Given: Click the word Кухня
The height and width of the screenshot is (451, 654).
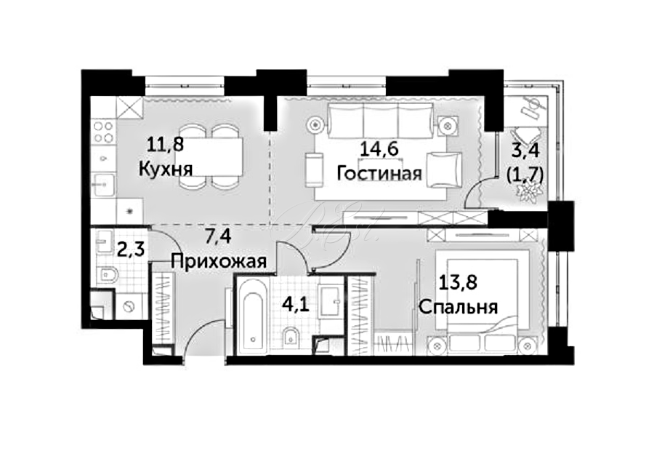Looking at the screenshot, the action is (x=165, y=169).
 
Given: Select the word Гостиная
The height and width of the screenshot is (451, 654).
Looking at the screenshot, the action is (x=379, y=173).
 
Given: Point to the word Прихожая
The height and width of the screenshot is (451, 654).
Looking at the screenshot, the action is (x=219, y=261).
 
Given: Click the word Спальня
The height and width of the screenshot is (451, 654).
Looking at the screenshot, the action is (x=458, y=307).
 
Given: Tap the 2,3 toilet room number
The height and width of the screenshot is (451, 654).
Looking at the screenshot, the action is (x=131, y=250).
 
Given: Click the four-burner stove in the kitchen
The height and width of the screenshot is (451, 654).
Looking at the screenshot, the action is (x=103, y=132).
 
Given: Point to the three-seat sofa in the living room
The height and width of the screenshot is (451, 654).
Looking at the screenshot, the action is (x=380, y=121).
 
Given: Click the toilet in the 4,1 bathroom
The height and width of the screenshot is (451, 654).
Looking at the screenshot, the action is (x=290, y=336).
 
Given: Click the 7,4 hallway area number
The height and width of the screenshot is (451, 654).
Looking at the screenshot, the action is (x=218, y=237).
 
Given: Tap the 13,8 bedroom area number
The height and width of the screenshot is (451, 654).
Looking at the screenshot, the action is (x=458, y=283).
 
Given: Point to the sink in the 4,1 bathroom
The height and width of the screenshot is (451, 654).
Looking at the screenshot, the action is (x=331, y=300).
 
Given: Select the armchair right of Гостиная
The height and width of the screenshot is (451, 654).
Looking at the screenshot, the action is (x=445, y=170).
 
